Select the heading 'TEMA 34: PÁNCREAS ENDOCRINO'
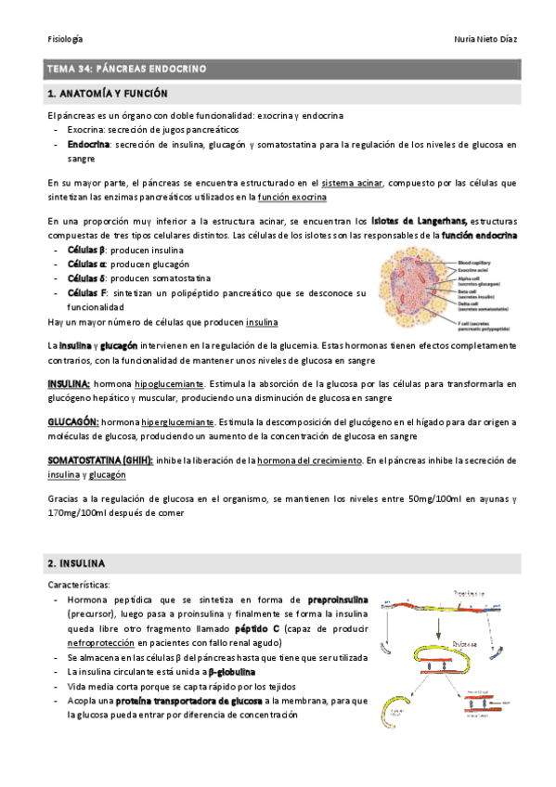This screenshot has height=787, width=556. (127, 70)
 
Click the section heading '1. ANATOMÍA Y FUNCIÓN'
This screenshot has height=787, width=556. (108, 94)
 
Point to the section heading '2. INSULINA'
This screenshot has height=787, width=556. (77, 563)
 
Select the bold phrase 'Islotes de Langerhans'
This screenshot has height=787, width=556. (419, 222)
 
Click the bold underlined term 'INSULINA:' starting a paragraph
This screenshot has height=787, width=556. (69, 383)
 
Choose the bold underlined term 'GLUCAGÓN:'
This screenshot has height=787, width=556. (72, 422)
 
